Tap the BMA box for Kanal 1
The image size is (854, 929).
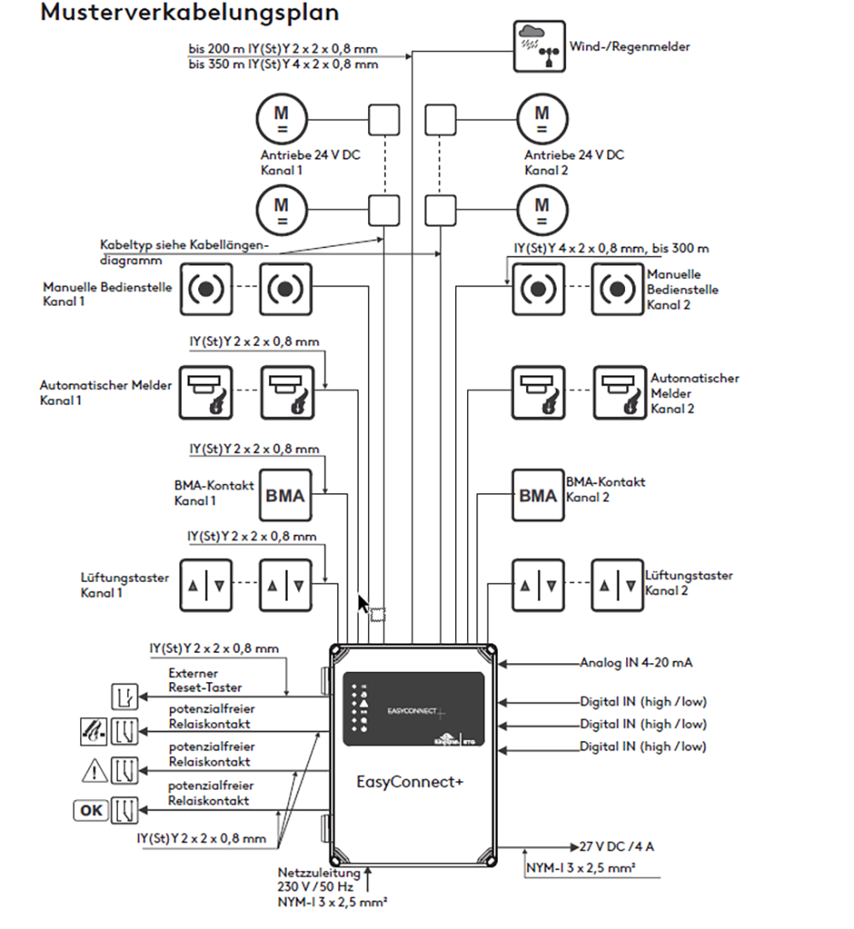pyautogui.click(x=284, y=496)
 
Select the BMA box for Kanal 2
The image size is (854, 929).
pyautogui.click(x=537, y=496)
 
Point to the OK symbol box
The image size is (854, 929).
pyautogui.click(x=90, y=809)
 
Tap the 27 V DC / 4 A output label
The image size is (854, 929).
pyautogui.click(x=617, y=847)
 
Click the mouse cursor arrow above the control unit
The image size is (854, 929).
pyautogui.click(x=364, y=604)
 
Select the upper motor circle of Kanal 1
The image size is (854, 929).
pyautogui.click(x=281, y=117)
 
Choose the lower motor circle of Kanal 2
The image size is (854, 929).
pyautogui.click(x=541, y=210)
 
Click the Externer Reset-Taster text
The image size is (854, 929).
pyautogui.click(x=205, y=679)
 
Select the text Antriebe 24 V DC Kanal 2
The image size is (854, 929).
pyautogui.click(x=574, y=162)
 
